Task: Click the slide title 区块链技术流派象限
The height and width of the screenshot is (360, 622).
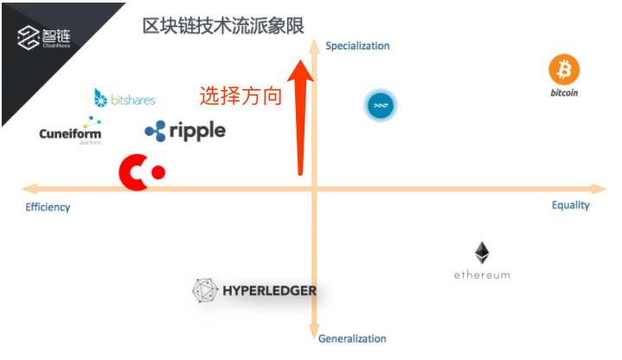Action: coord(223,26)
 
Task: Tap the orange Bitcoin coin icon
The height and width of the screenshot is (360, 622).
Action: coord(564,69)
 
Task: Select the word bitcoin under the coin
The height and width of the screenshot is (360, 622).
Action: coord(564,92)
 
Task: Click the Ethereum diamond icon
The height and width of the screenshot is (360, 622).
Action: coord(482,253)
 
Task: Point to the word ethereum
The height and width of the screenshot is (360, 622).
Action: coord(482,275)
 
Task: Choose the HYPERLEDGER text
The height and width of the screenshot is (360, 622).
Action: coord(267,291)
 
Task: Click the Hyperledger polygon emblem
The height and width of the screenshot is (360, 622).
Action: coord(204,291)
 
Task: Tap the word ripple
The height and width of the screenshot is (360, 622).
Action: coord(197,131)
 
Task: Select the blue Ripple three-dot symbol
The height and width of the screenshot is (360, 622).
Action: coord(155,132)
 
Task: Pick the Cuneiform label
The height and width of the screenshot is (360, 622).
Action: coord(70,134)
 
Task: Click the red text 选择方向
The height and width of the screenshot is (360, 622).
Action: coord(240,96)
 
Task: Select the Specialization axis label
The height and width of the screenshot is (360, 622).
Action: coord(357,46)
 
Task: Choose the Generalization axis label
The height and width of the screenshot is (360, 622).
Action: coord(352,338)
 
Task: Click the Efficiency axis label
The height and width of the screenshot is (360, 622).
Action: coord(48,208)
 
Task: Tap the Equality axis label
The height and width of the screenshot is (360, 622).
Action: coord(570,205)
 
